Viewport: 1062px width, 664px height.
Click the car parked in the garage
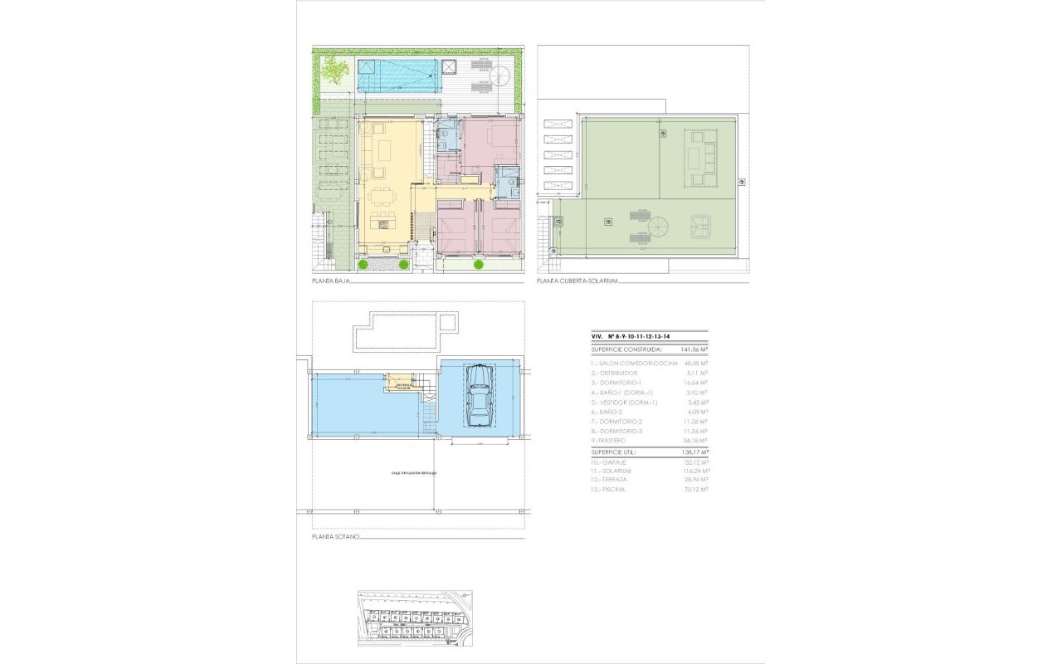tap(479, 397)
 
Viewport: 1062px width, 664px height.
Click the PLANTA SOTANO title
tap(335, 537)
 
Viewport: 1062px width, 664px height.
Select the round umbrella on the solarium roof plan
tap(657, 226)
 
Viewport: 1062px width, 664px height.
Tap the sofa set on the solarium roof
tap(700, 159)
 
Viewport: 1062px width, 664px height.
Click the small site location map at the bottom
tap(414, 618)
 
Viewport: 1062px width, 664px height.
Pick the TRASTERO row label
tap(611, 441)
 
